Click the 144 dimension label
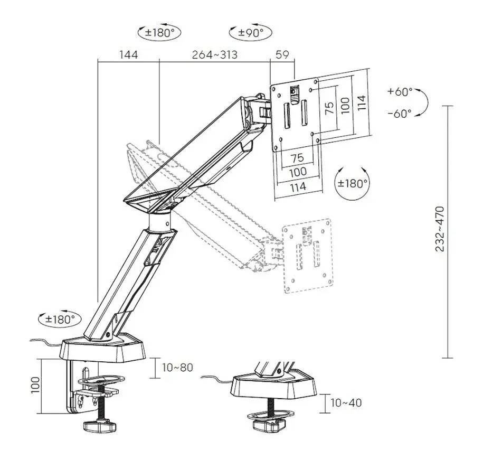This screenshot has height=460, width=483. point(128,55)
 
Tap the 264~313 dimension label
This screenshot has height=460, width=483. point(215,55)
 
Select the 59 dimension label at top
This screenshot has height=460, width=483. point(282,54)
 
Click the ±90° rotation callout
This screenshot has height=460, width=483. point(251,32)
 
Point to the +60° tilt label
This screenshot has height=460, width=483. point(400,91)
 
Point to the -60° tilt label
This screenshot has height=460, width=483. point(400,114)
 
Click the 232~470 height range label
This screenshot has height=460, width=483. point(440,229)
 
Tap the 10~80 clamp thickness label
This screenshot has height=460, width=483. point(177,367)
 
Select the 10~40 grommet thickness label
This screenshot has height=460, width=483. point(346,402)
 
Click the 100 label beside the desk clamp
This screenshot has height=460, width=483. point(35,384)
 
